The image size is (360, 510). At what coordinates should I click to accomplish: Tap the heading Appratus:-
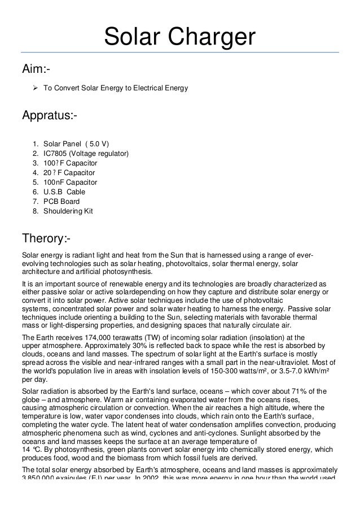(x=50, y=116)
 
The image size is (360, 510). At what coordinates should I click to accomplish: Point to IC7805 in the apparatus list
(x=55, y=153)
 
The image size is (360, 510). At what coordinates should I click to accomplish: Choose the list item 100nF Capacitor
(x=70, y=182)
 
